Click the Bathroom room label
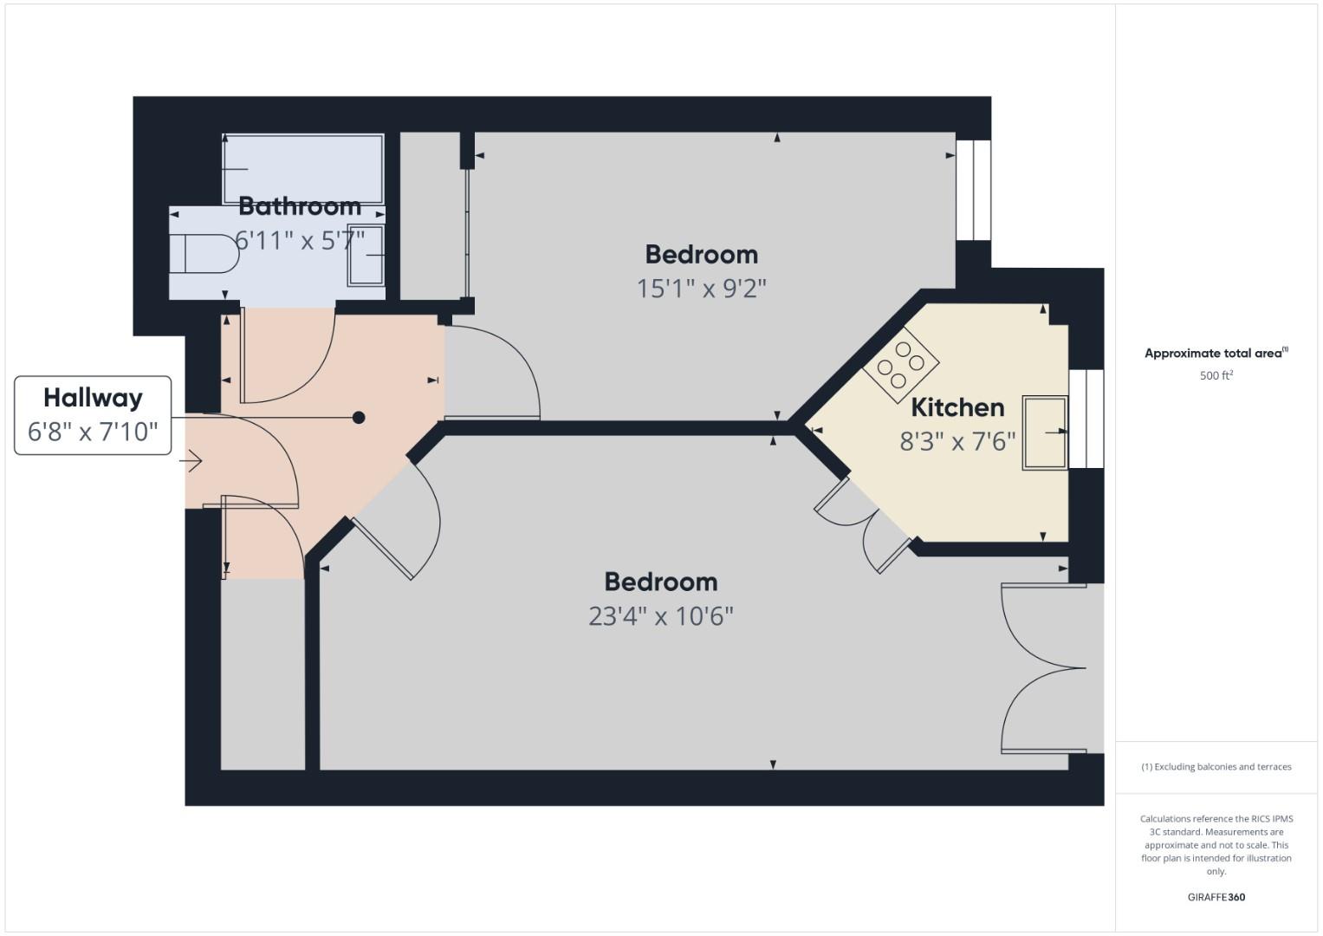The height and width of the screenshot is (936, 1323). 300,206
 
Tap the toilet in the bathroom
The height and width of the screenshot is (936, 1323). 204,253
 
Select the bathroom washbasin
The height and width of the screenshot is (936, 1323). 366,256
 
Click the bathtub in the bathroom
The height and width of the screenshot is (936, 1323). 303,169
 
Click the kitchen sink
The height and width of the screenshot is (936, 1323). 1046,433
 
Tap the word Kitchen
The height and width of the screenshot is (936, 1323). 957,407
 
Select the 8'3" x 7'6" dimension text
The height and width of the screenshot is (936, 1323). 957,441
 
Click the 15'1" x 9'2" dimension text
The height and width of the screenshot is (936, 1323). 701,289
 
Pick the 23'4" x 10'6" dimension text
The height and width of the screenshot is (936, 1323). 660,616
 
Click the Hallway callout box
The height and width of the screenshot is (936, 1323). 93,415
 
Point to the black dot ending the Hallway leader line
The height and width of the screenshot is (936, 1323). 359,418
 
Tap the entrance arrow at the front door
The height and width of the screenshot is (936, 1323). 194,461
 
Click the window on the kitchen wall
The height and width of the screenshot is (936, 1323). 1086,419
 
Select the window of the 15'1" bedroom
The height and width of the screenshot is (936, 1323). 973,191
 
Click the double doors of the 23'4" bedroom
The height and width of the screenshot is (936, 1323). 1044,668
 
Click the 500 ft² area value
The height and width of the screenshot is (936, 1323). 1216,375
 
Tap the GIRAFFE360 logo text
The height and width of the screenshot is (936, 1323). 1216,897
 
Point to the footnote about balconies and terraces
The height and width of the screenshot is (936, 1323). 1216,767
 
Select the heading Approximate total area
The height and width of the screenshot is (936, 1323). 1216,353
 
